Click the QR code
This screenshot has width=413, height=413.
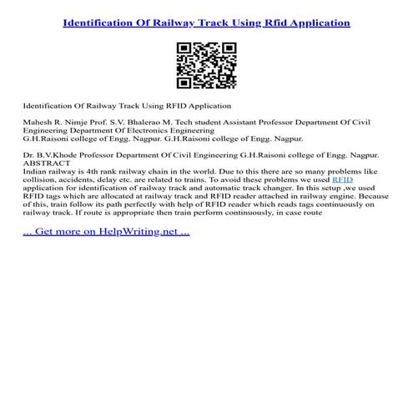pos(206,64)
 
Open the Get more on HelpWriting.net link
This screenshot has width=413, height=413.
pos(107,230)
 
